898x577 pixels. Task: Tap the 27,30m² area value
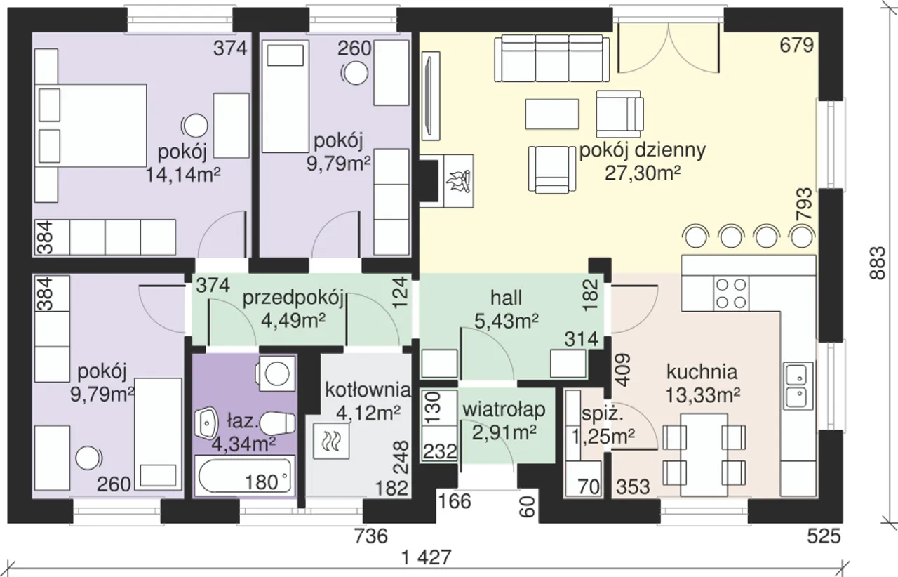click(x=643, y=173)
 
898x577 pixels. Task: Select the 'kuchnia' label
click(x=702, y=371)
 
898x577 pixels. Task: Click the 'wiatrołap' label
click(x=504, y=409)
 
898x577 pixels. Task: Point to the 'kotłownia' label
click(x=368, y=388)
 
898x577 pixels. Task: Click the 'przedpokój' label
click(x=292, y=298)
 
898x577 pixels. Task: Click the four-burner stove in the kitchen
click(x=730, y=293)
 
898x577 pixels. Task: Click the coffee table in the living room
click(x=552, y=113)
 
